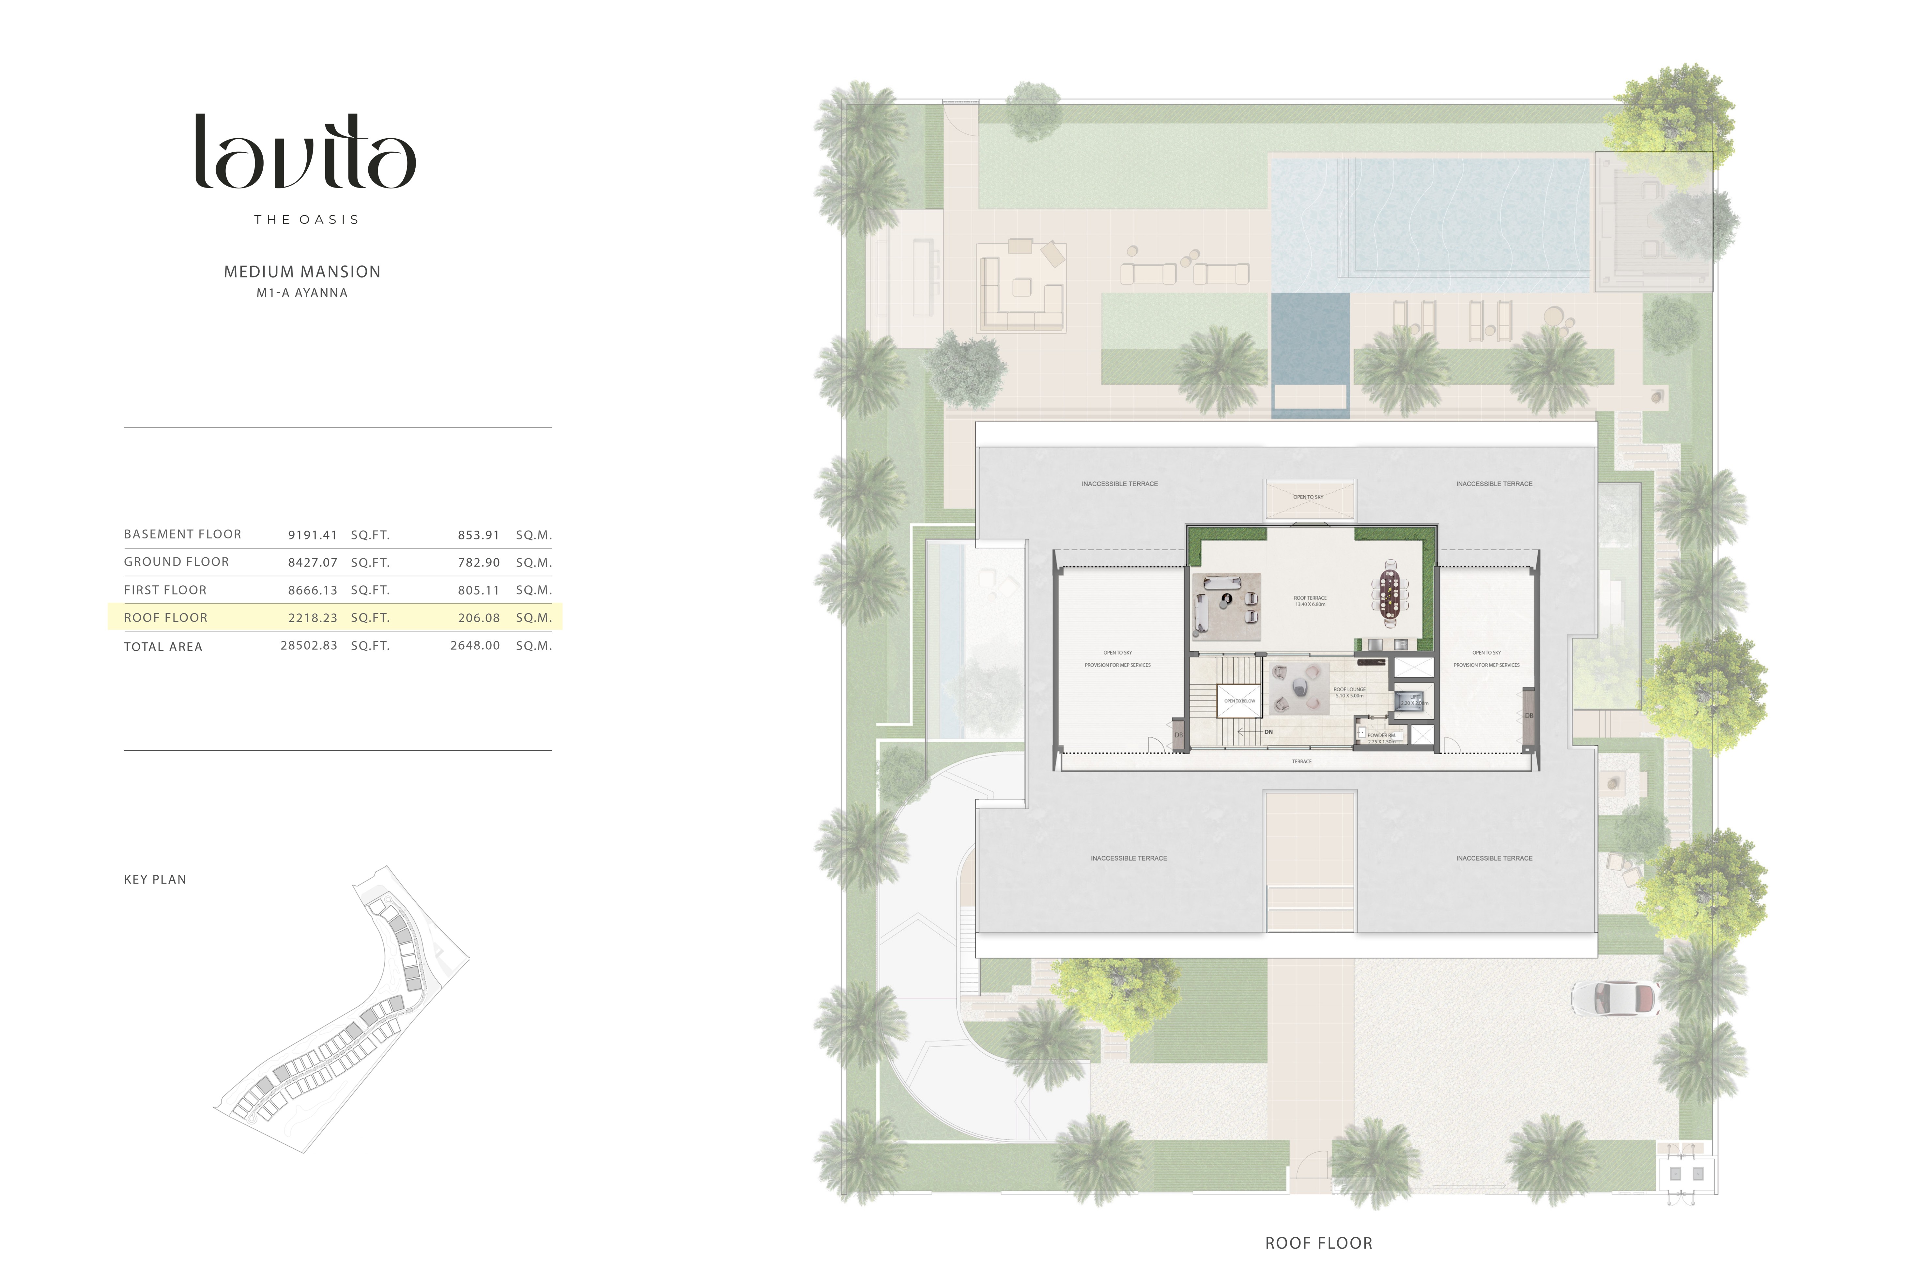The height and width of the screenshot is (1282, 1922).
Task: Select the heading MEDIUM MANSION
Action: coord(302,271)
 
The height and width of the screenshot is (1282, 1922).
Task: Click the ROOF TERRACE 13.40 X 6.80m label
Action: coord(1310,601)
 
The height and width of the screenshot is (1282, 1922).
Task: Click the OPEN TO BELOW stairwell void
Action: coord(1239,701)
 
